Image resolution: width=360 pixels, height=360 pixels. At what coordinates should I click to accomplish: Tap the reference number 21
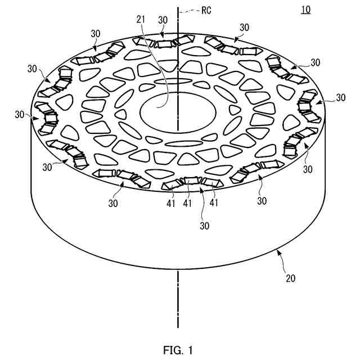[x=141, y=20]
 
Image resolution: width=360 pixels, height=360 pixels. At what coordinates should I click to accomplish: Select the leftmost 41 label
[x=171, y=203]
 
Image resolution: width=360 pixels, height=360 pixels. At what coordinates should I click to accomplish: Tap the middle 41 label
[x=187, y=203]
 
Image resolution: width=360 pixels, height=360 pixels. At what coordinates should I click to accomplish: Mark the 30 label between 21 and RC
[x=163, y=20]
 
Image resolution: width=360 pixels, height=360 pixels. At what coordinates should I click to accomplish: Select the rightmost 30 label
[x=340, y=97]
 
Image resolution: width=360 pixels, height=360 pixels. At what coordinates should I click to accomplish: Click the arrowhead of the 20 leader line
[x=277, y=253]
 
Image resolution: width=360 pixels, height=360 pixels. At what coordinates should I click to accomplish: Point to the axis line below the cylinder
[x=178, y=298]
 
